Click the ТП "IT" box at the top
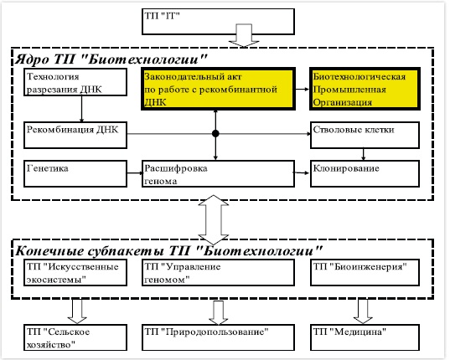(218, 22)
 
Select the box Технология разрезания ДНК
(75, 82)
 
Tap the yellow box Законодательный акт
(218, 89)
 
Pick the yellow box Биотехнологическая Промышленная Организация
(365, 89)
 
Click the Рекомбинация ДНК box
(75, 135)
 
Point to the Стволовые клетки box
(365, 135)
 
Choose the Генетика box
(75, 173)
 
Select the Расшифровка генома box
(218, 173)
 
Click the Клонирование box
(365, 173)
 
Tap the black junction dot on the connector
(215, 134)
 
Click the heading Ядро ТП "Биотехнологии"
(111, 59)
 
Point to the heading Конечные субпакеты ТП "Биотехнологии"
(168, 251)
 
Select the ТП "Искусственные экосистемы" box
(75, 273)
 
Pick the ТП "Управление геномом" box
(218, 273)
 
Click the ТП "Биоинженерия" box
(365, 273)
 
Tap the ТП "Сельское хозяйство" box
(75, 337)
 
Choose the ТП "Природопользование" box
(218, 337)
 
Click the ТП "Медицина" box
(365, 337)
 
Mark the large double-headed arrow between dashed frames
(214, 220)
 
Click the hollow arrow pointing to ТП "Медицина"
(363, 311)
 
